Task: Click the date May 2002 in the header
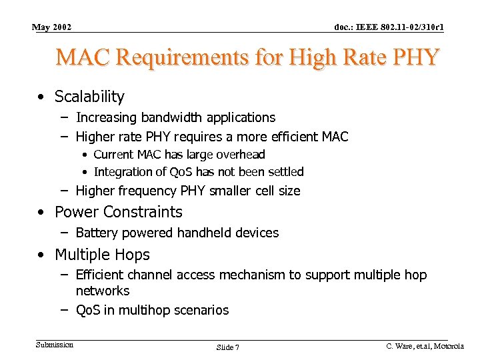pyautogui.click(x=52, y=27)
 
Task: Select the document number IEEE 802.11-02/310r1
pyautogui.click(x=389, y=27)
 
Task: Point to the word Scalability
pyautogui.click(x=89, y=97)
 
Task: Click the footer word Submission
pyautogui.click(x=55, y=345)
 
